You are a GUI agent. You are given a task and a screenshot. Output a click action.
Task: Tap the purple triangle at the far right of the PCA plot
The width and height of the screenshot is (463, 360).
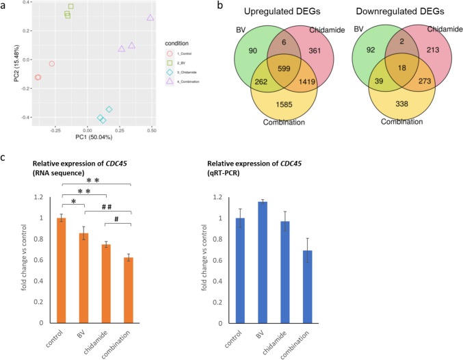pyautogui.click(x=150, y=17)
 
